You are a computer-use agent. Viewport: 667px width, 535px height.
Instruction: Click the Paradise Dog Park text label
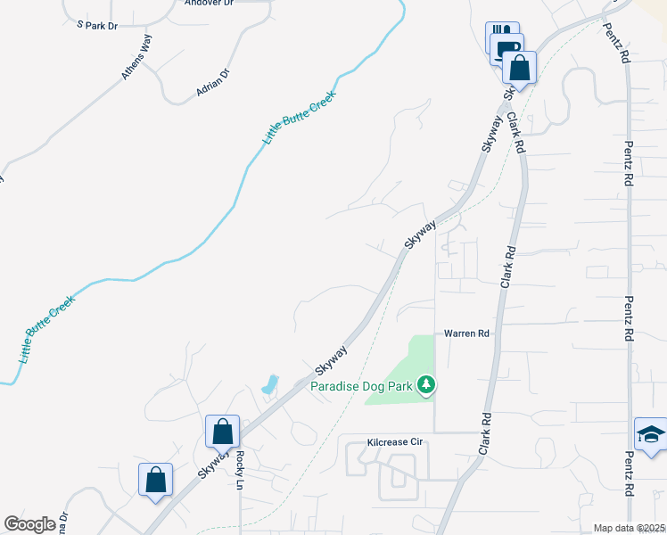[x=365, y=386]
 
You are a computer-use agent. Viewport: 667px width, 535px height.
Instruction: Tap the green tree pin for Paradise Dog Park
[x=429, y=385]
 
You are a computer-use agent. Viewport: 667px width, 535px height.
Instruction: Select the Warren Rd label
[x=467, y=333]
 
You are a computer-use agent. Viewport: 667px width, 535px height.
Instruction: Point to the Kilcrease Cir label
[x=394, y=442]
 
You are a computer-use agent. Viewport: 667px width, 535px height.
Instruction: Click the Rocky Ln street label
[x=240, y=470]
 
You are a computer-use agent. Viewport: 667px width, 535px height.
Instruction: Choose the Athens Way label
[x=138, y=63]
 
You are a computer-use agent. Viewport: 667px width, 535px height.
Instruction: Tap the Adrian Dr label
[x=213, y=83]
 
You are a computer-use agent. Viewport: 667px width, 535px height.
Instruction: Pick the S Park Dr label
[x=97, y=26]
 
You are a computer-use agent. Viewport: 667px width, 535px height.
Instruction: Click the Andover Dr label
[x=208, y=3]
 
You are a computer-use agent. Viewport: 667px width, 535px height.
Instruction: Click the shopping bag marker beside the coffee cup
[x=518, y=67]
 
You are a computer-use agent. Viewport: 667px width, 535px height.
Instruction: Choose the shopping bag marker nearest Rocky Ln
[x=222, y=432]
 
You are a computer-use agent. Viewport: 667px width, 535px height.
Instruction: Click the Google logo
[x=29, y=524]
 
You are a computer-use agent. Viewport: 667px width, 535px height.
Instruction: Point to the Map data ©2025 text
[x=630, y=528]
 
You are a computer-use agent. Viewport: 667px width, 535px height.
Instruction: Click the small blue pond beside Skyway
[x=268, y=385]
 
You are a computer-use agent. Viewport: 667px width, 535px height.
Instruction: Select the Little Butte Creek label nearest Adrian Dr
[x=299, y=119]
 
